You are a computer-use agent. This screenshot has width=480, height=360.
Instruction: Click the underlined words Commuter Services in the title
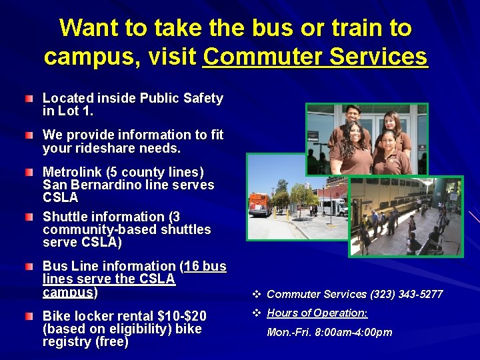(315, 57)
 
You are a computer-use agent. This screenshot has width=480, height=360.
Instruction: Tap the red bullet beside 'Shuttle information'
(27, 217)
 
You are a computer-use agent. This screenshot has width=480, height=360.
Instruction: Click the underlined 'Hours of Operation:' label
(317, 313)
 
